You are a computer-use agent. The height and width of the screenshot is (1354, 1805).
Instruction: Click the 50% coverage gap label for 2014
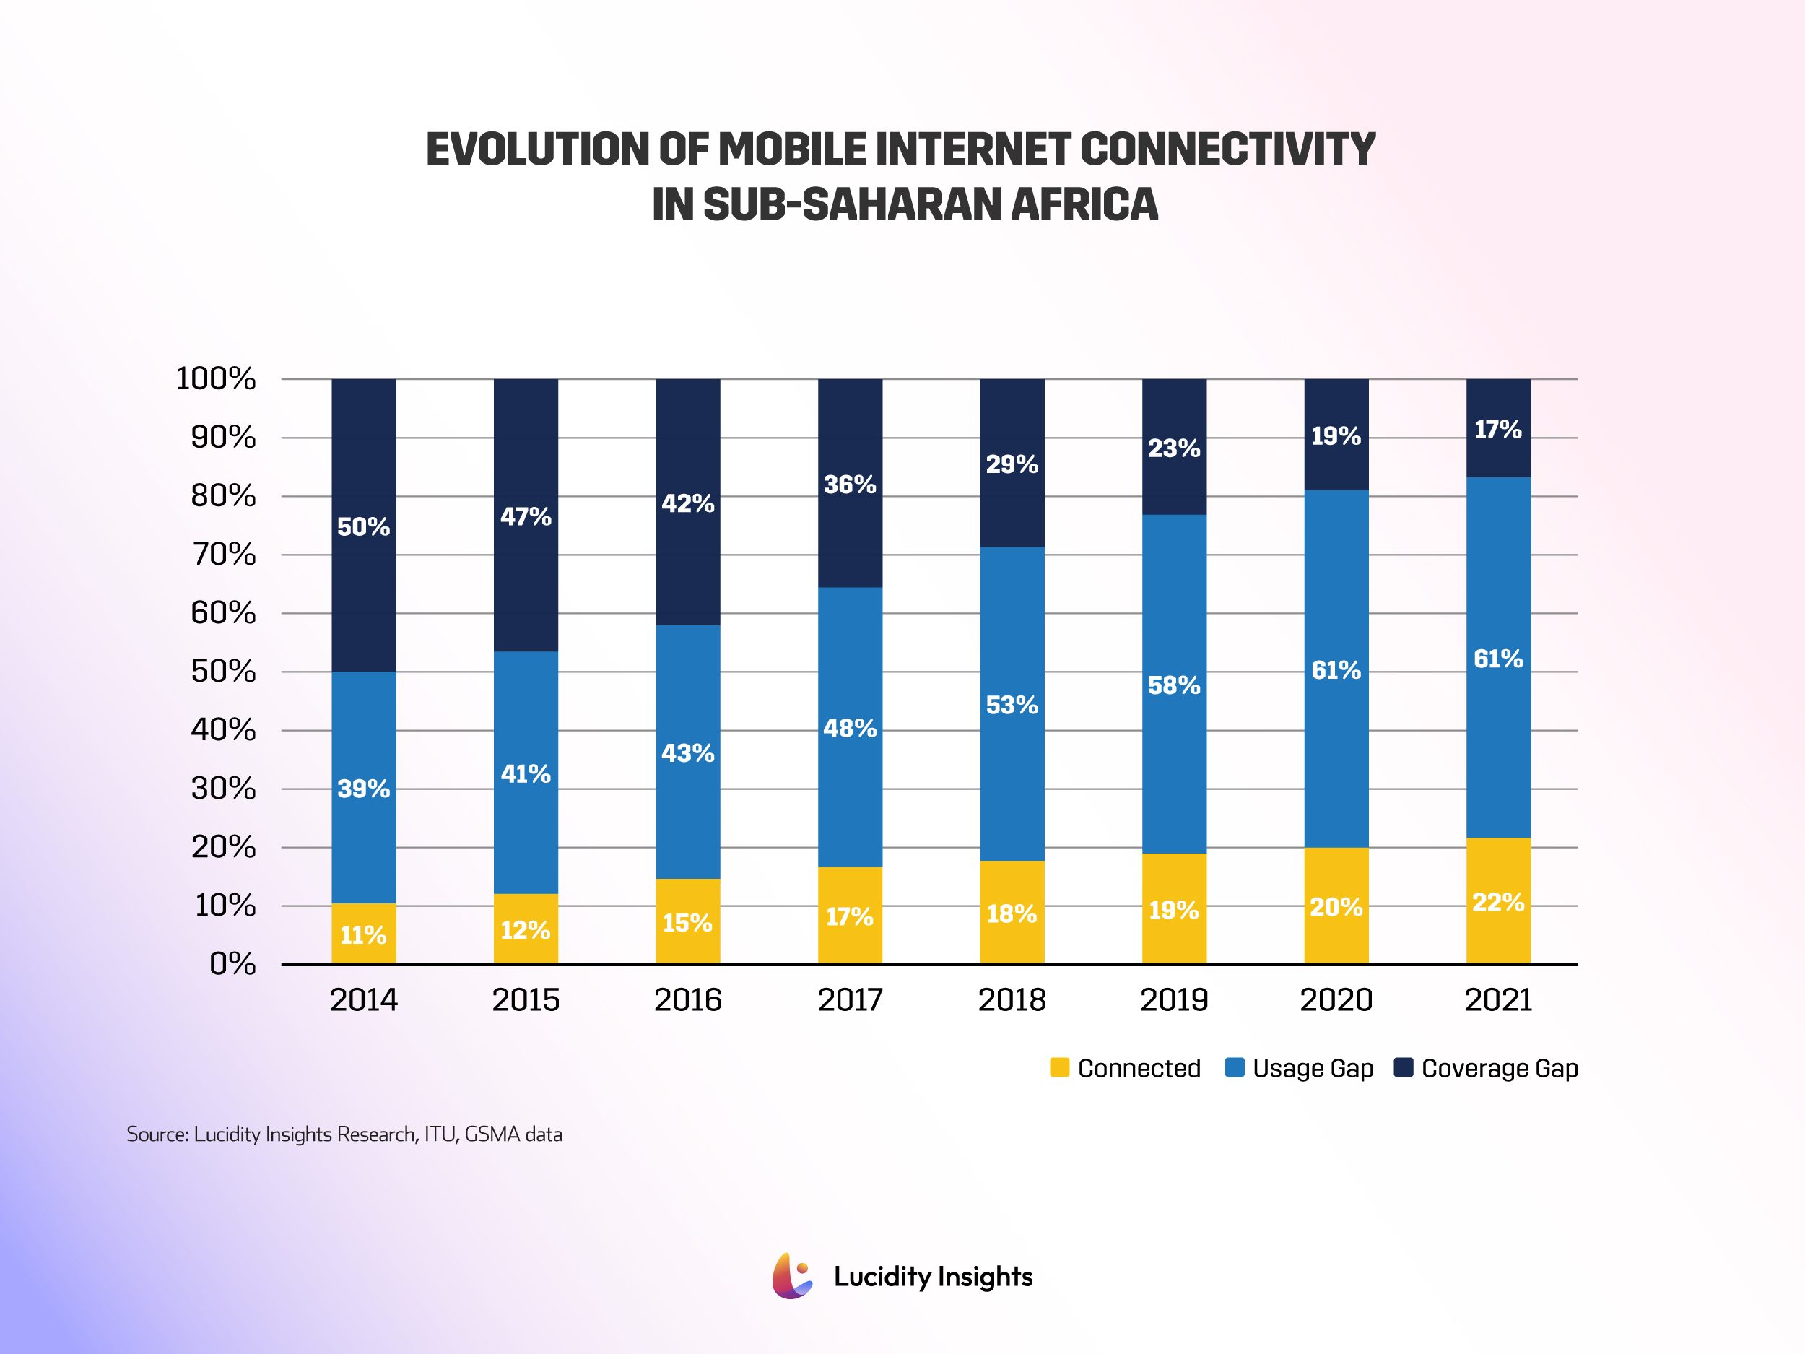(363, 527)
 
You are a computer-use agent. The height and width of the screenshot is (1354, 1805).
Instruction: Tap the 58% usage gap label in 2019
(1173, 685)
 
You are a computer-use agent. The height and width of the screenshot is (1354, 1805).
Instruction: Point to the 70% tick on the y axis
(223, 555)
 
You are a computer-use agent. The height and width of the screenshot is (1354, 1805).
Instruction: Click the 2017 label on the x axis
(850, 999)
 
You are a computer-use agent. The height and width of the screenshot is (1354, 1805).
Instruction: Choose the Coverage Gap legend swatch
(1404, 1067)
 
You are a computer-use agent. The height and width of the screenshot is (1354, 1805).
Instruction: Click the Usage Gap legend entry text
(1312, 1068)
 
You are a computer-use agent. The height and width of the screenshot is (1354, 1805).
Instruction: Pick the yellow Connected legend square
(1059, 1067)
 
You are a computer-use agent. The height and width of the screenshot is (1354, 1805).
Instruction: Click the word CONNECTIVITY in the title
(1228, 149)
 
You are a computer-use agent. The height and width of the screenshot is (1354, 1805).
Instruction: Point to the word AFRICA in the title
(1084, 204)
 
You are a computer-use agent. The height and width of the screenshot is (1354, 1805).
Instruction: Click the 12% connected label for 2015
(525, 930)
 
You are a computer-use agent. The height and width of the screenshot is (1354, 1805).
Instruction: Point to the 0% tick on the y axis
(232, 964)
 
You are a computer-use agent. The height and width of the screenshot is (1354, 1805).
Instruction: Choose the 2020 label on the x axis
(1336, 999)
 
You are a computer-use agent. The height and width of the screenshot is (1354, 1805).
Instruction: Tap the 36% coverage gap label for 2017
(850, 485)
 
